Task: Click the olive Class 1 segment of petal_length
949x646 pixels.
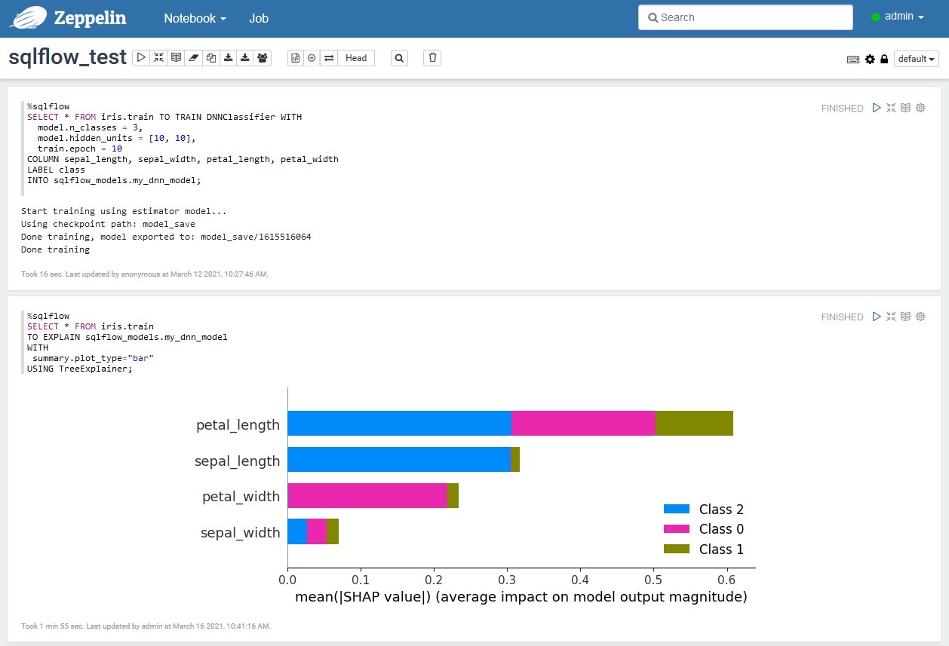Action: pos(694,424)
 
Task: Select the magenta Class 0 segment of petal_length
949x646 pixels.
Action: pos(583,424)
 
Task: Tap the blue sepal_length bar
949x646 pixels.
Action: pos(399,460)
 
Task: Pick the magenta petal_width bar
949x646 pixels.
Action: pos(367,496)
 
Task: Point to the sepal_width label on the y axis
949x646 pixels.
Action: pos(240,533)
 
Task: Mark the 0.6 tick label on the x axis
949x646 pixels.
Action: pos(726,580)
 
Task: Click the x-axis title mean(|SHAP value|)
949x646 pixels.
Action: pos(521,598)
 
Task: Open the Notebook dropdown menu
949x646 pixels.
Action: pos(195,18)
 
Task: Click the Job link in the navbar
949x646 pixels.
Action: pos(259,18)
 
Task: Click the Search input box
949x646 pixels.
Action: pos(745,17)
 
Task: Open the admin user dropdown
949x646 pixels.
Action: pos(898,17)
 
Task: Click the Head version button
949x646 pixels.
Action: pos(356,58)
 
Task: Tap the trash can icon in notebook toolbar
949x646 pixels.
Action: pos(432,58)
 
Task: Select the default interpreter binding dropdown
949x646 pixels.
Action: pos(916,59)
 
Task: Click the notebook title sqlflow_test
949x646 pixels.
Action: pos(67,57)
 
